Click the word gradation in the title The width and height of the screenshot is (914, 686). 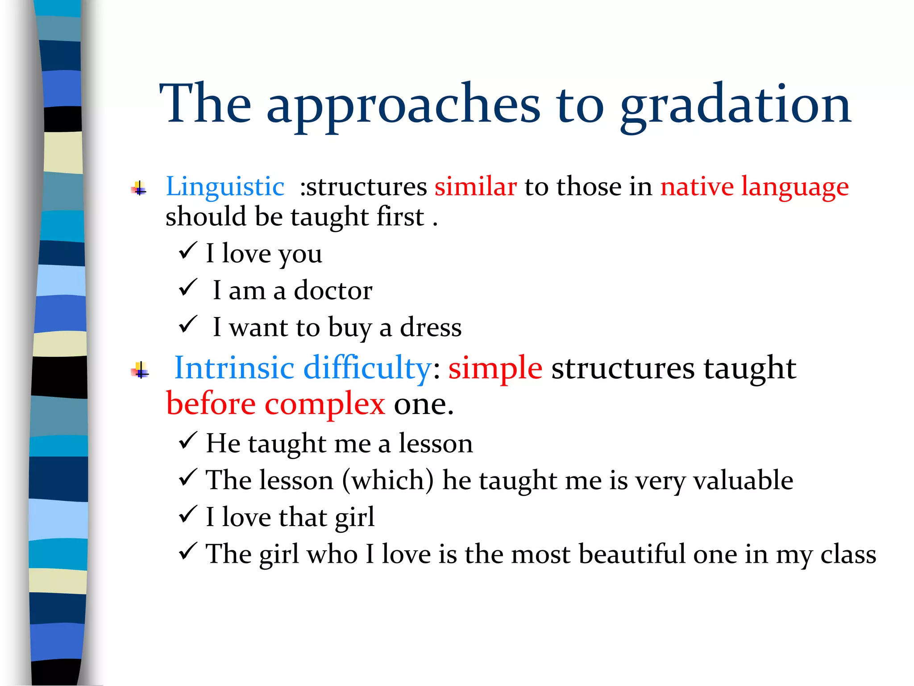[x=735, y=105]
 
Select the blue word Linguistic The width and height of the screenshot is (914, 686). [x=225, y=186]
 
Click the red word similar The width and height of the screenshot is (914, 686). [x=476, y=186]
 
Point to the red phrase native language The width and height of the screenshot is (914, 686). [x=754, y=187]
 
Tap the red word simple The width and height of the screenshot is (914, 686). [x=495, y=369]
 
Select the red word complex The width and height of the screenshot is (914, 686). [x=324, y=404]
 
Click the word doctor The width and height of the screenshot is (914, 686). [x=333, y=291]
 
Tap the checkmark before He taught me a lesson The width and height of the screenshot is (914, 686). [x=188, y=441]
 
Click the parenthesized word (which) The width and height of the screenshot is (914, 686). [x=388, y=481]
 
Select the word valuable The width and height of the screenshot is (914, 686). [x=743, y=481]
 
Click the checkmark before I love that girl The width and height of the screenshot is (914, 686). [x=188, y=514]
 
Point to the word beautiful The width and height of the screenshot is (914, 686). [x=631, y=554]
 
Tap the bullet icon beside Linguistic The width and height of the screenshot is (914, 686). [x=139, y=189]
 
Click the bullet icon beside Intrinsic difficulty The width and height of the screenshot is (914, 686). [x=140, y=370]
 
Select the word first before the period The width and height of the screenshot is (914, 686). [x=400, y=217]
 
